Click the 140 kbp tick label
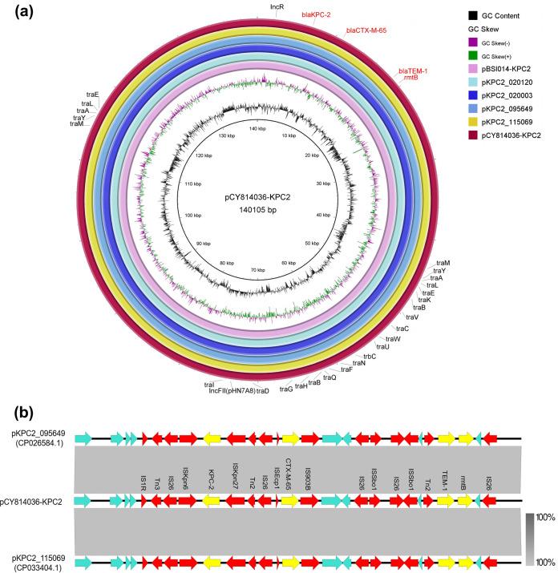[x=257, y=129]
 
